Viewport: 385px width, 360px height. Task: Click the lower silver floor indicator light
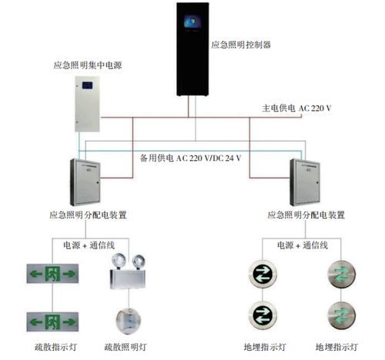[x=340, y=316]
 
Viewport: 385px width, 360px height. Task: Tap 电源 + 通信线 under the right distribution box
[x=303, y=245]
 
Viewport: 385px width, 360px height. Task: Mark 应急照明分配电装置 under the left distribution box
[x=87, y=215]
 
